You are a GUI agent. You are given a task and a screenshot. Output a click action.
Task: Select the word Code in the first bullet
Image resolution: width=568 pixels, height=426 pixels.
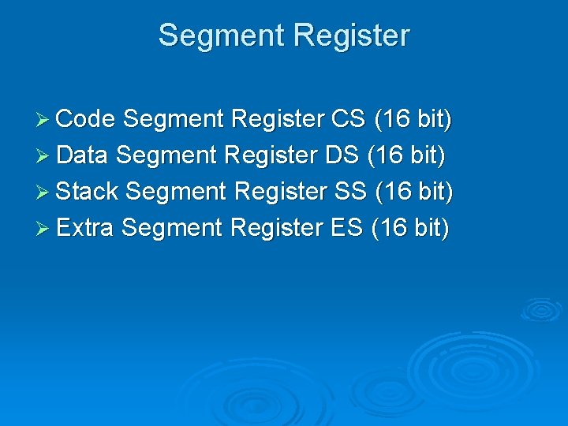87,119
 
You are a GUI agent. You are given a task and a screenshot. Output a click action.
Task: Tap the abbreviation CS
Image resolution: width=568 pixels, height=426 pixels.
348,119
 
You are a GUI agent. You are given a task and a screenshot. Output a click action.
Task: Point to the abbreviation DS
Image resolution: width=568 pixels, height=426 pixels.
341,155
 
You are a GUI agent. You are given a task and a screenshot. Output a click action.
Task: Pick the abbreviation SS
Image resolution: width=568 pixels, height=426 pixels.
350,192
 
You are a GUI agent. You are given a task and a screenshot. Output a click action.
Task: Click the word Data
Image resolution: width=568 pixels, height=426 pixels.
83,155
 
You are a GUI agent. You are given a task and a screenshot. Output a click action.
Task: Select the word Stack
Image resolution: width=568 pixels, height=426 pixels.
88,192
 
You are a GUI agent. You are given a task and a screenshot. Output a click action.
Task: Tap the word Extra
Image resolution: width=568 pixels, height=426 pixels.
86,228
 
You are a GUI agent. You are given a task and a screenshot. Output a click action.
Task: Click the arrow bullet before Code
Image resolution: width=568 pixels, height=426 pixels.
43,120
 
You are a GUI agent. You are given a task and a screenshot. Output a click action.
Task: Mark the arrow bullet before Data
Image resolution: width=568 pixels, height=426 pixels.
43,156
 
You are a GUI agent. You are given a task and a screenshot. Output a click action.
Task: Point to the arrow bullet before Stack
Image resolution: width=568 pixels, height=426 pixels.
43,192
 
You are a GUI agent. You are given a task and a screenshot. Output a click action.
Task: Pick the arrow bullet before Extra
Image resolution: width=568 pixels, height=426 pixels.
43,229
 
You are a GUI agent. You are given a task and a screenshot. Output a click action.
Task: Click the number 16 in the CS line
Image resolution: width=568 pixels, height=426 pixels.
395,119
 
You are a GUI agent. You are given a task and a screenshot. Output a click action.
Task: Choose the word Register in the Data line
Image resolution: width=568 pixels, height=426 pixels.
271,155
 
